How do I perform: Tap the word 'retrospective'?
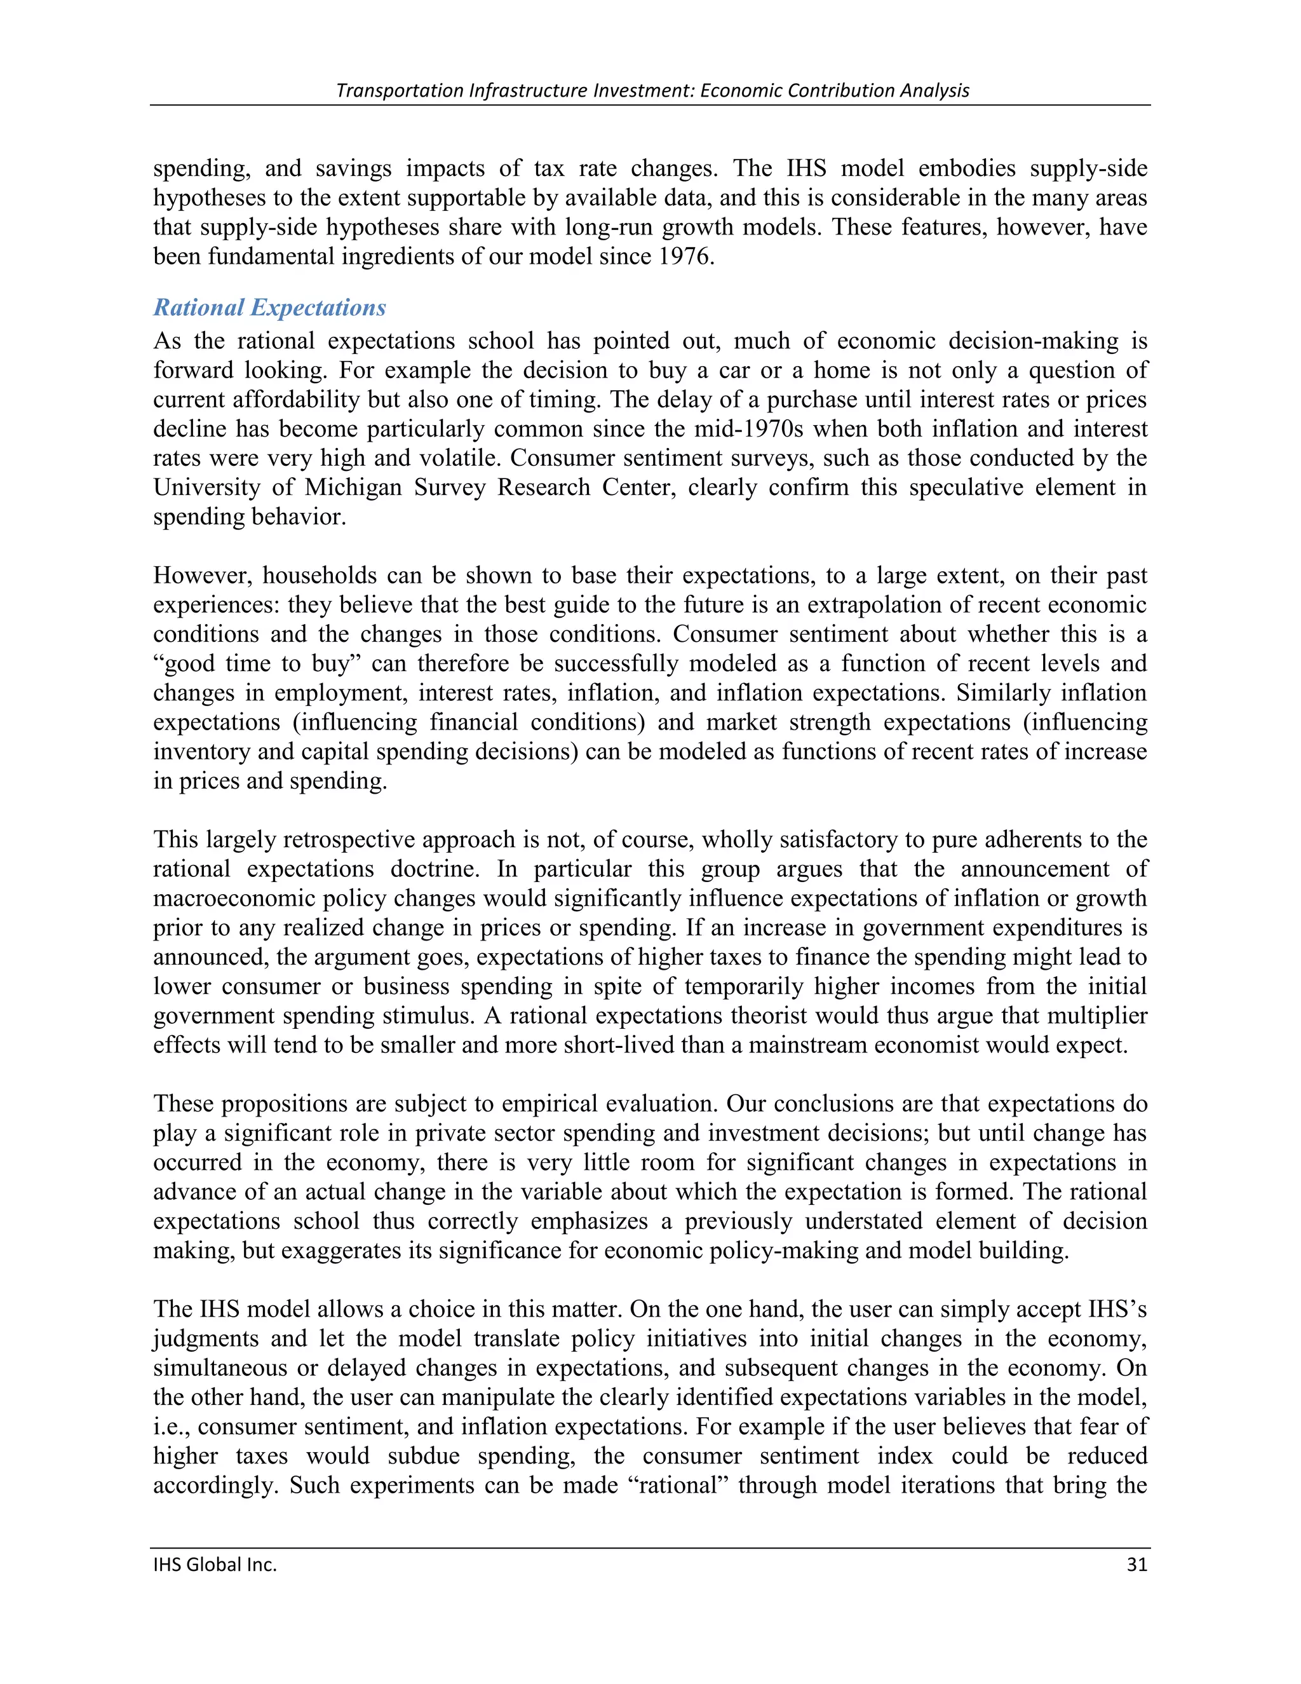pyautogui.click(x=355, y=839)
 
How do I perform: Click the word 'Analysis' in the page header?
pyautogui.click(x=934, y=90)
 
